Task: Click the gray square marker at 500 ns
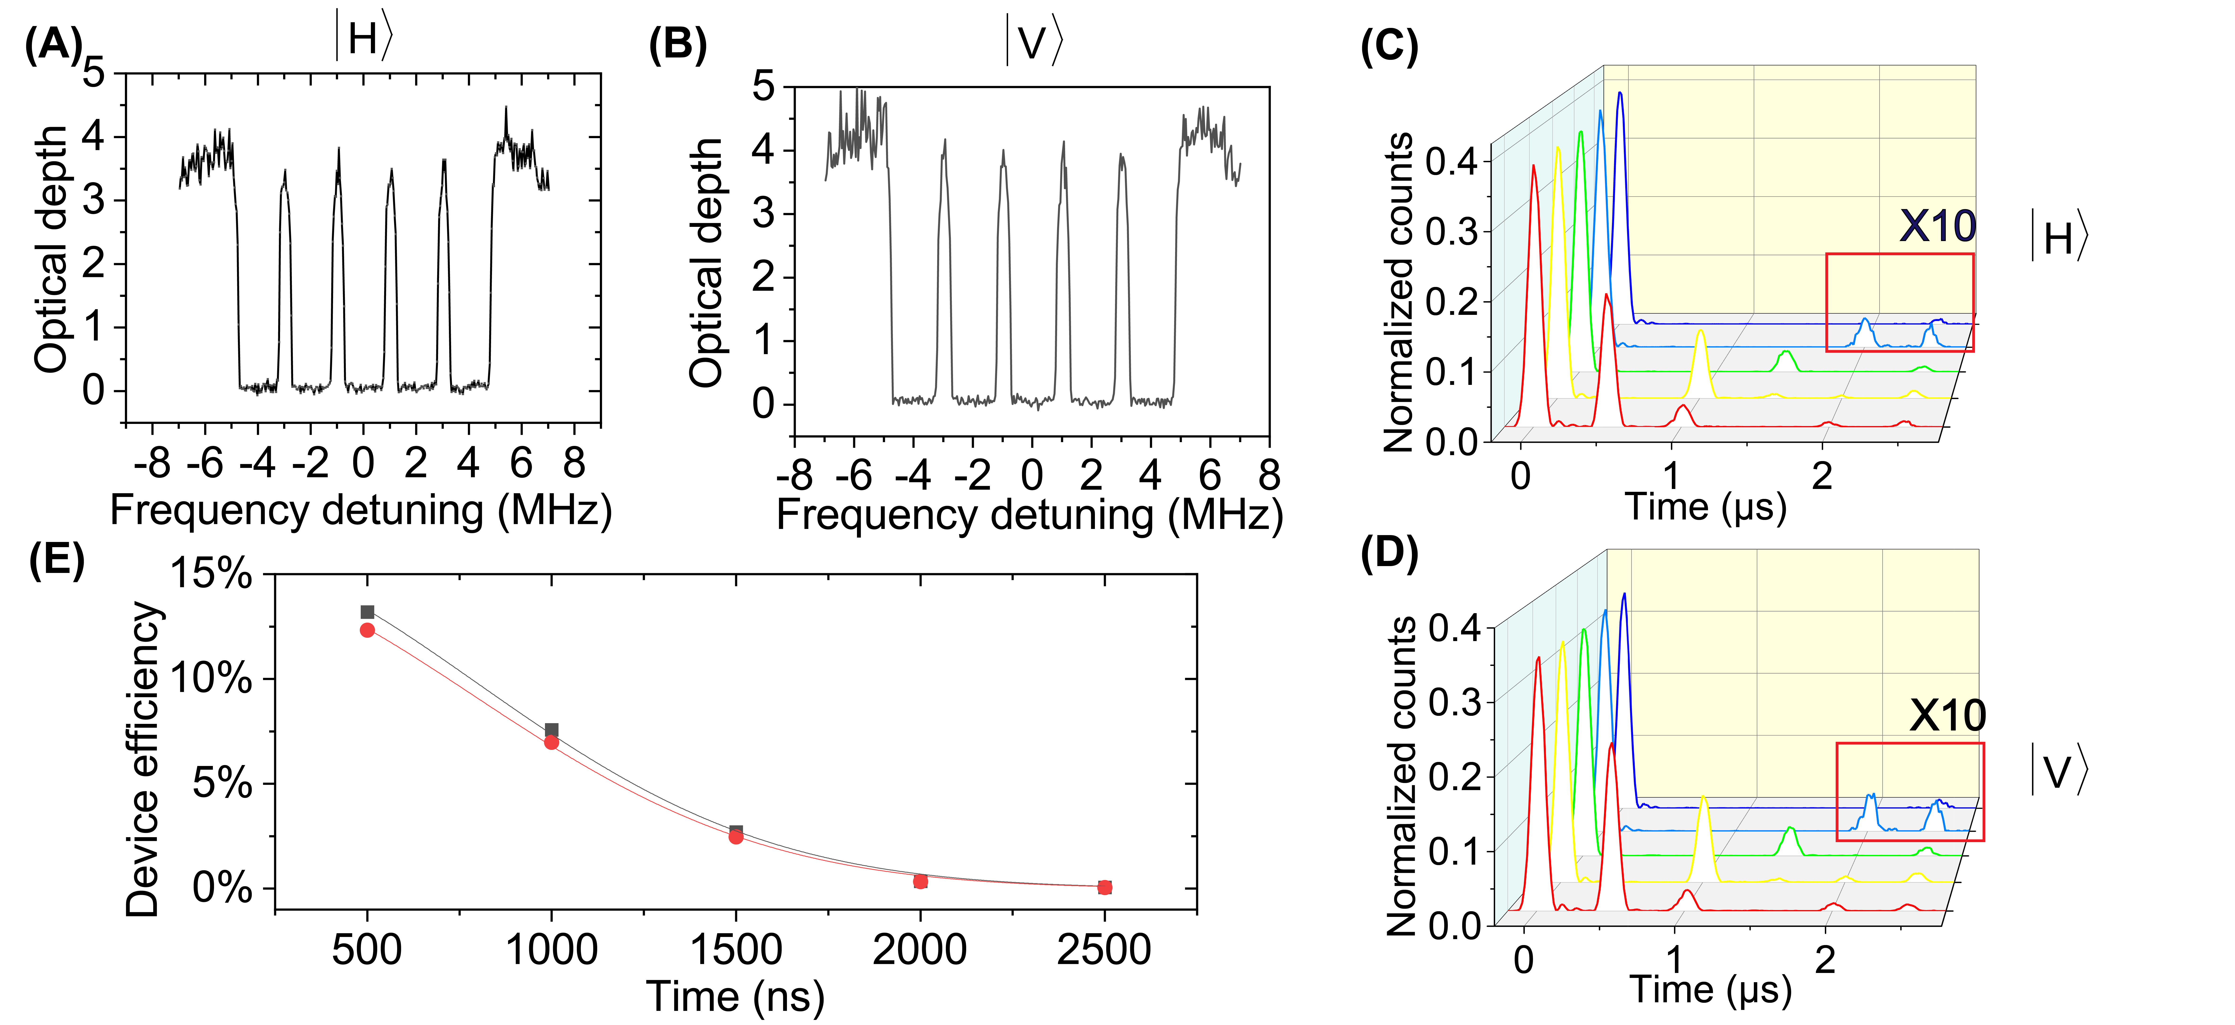pos(367,612)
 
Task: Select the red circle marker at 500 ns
pos(367,630)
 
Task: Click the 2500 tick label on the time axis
pos(1104,950)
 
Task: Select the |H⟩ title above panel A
pos(364,39)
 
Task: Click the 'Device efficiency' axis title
pos(143,759)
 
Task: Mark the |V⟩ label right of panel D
pos(2058,771)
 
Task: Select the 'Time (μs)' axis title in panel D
pos(1710,990)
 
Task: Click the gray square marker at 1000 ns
pos(551,730)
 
